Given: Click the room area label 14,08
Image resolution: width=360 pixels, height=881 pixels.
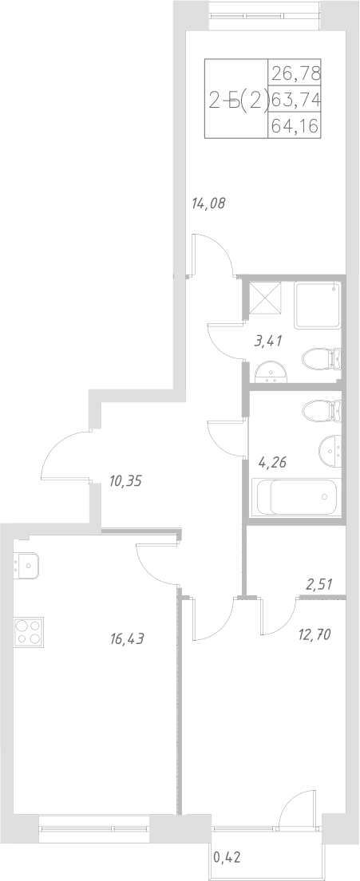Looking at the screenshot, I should tap(209, 203).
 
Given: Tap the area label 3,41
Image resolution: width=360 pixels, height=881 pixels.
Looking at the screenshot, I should tap(267, 342).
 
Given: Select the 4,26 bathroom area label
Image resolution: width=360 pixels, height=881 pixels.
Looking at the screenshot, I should tap(273, 460).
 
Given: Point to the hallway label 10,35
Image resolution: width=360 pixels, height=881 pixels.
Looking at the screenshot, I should tap(125, 481).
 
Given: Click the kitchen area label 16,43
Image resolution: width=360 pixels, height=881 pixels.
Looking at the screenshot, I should tap(129, 638).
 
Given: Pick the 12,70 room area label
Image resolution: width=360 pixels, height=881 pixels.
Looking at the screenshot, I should tap(314, 635).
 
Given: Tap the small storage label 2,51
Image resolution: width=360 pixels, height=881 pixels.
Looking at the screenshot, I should tap(319, 585).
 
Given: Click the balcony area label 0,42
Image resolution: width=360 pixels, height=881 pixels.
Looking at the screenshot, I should tap(227, 859).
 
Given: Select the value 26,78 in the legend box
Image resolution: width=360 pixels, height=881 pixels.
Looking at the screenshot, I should tap(295, 75).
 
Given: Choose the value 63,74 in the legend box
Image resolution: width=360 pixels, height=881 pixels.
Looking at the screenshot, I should tap(295, 101).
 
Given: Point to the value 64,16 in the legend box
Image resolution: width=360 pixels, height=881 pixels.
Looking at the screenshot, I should tap(295, 125).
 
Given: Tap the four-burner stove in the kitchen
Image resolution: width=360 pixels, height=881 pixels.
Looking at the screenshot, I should tap(28, 632).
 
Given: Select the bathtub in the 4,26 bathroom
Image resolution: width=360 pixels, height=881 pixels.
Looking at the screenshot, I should tap(296, 496).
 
